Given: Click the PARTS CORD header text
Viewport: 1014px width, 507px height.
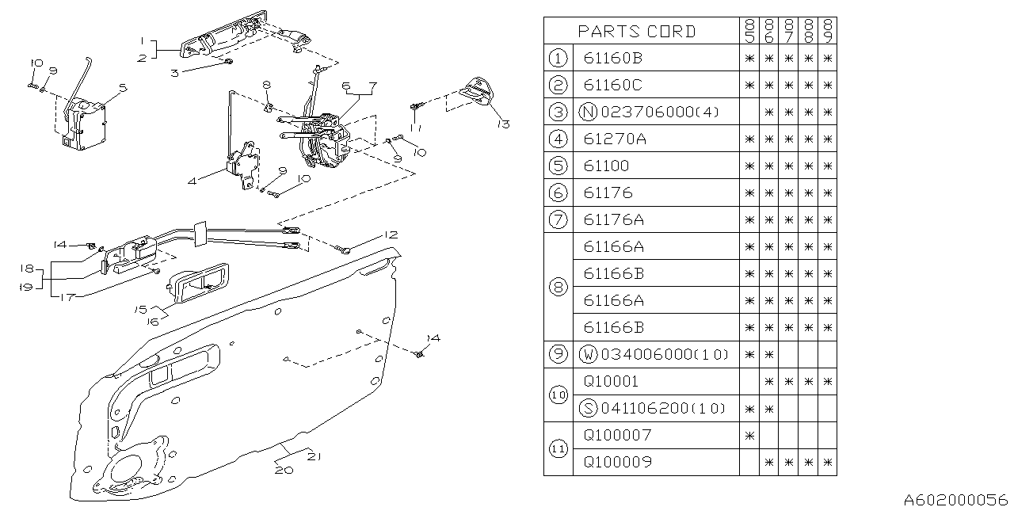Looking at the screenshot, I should [637, 31].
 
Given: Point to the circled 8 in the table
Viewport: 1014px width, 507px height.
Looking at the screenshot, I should [558, 287].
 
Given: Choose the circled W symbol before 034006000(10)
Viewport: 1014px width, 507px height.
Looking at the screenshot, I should [588, 354].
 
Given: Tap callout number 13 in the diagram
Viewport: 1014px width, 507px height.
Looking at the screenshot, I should [503, 124].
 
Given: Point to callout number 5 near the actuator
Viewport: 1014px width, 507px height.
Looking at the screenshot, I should [123, 87].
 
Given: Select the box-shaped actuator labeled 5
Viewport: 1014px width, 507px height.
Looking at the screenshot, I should [82, 123].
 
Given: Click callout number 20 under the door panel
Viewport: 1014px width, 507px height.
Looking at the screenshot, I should [284, 470].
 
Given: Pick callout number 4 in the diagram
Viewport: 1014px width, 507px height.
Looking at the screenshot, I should [192, 181].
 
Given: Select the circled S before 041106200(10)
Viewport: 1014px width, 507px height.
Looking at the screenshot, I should [588, 408].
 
